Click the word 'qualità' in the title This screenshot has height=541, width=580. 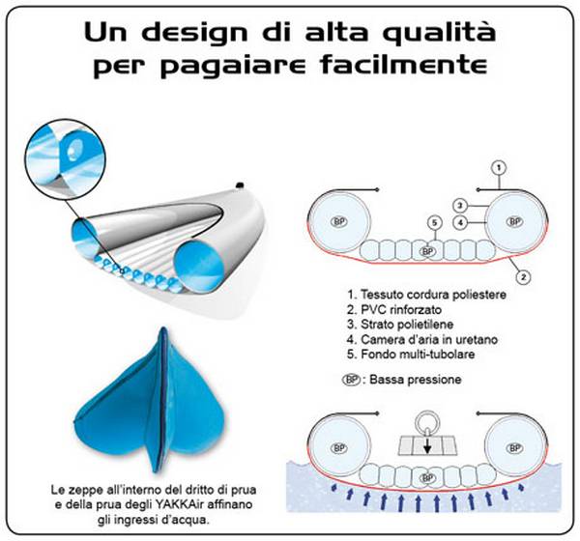tap(438, 33)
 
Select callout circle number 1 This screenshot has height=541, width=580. tap(499, 168)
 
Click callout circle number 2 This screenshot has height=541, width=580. tap(523, 276)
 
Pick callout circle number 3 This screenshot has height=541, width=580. tap(460, 205)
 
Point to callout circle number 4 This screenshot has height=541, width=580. tap(460, 222)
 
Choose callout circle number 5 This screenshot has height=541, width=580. tap(435, 222)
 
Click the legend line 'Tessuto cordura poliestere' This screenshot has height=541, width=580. tap(427, 295)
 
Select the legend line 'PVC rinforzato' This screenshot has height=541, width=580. tap(394, 309)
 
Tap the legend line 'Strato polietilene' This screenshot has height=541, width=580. tap(400, 325)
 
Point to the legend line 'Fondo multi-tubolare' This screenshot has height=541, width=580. tap(411, 355)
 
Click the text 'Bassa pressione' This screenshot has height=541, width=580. tap(416, 380)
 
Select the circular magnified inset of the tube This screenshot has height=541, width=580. tap(65, 159)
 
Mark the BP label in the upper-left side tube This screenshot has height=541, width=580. tap(339, 222)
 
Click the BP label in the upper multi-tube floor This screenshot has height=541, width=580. tap(427, 251)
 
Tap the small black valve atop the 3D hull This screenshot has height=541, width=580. tap(240, 185)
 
